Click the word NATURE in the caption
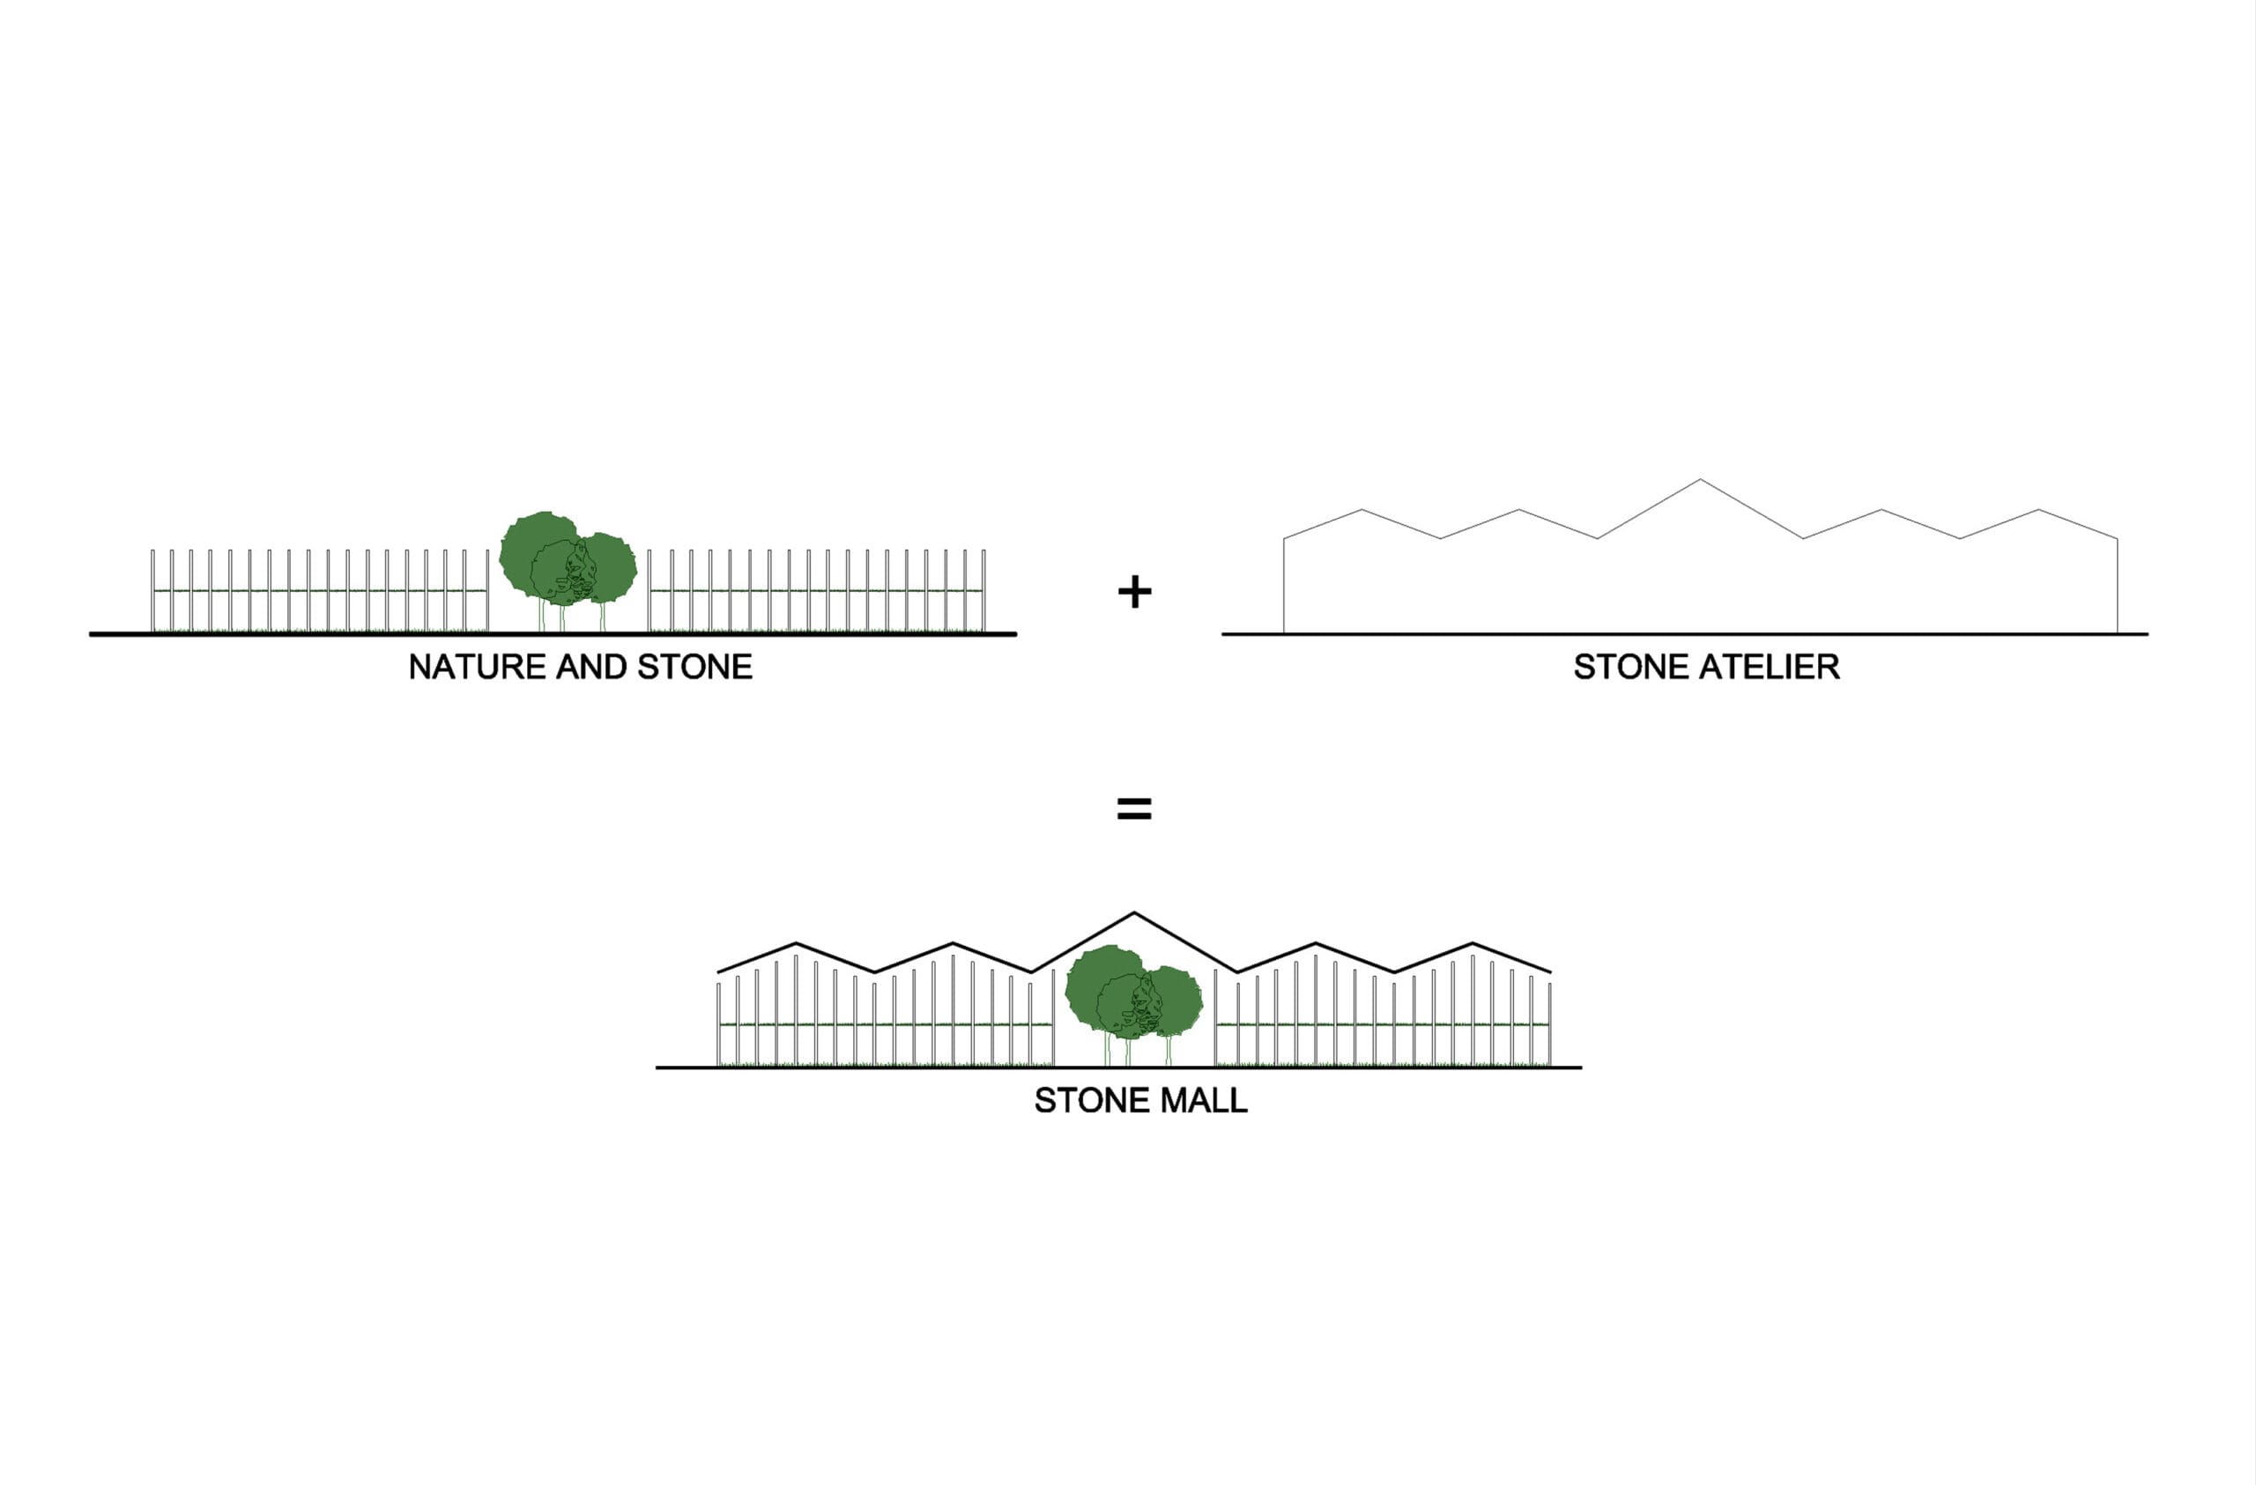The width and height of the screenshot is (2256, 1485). click(x=478, y=667)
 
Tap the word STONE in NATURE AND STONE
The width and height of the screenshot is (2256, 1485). click(x=694, y=667)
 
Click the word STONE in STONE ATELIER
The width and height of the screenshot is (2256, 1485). click(x=1631, y=667)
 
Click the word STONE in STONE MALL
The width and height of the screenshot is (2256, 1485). click(x=1092, y=1100)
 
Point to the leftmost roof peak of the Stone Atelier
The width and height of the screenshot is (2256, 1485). click(x=1362, y=510)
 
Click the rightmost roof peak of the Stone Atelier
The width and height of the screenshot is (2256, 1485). click(x=2039, y=510)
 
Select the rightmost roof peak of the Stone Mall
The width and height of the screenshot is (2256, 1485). click(x=1472, y=943)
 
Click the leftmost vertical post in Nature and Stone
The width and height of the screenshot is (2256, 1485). click(x=152, y=590)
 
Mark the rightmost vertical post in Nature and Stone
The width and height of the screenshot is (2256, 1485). click(x=984, y=590)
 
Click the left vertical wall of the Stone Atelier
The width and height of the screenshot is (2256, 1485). click(x=1283, y=586)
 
